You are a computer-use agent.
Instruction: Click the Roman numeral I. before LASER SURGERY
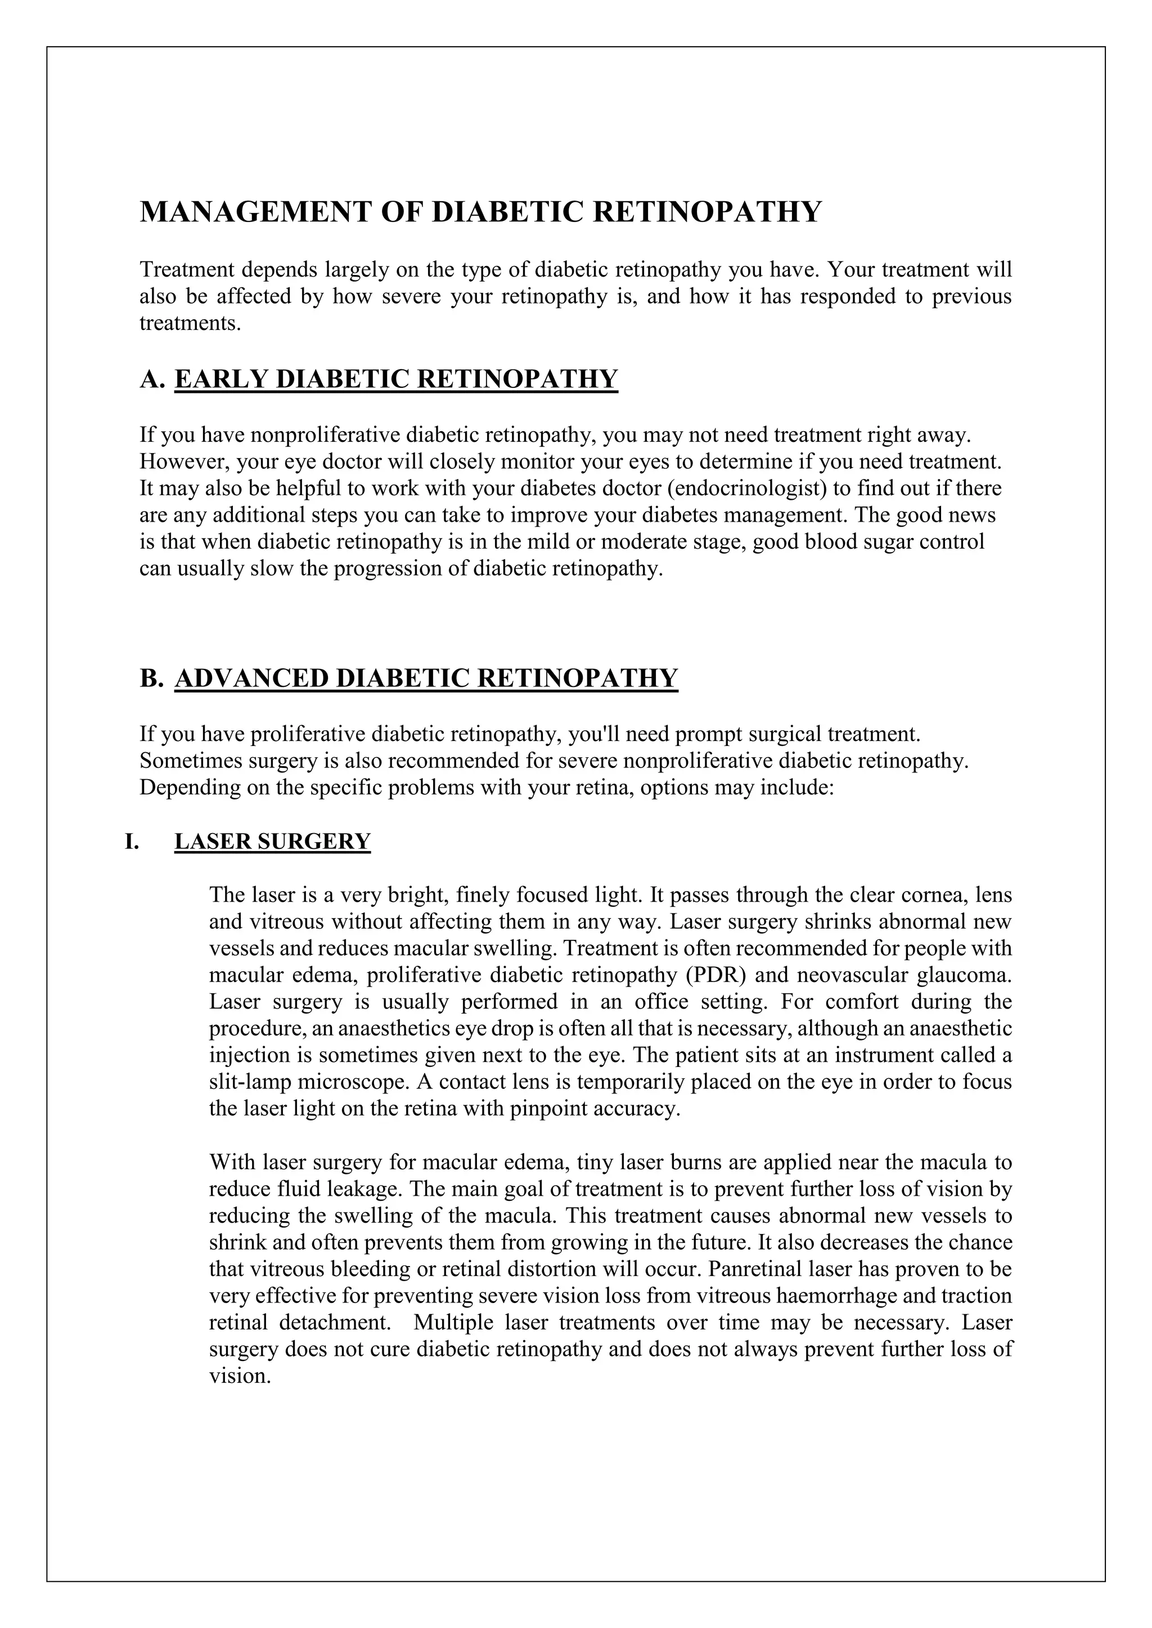click(132, 842)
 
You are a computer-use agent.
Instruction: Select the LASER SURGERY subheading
click(272, 842)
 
